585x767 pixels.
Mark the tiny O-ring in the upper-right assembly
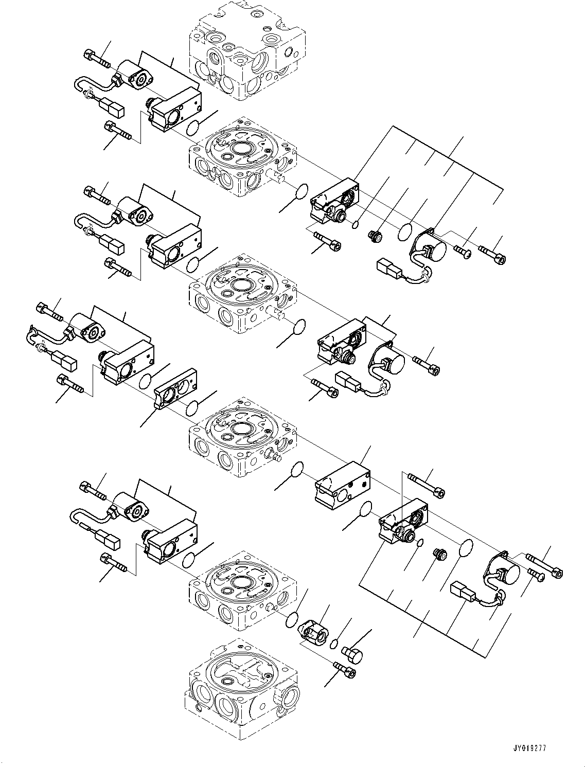tap(355, 224)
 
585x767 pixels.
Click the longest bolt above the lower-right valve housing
tap(426, 485)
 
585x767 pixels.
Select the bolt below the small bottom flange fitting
tap(345, 670)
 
